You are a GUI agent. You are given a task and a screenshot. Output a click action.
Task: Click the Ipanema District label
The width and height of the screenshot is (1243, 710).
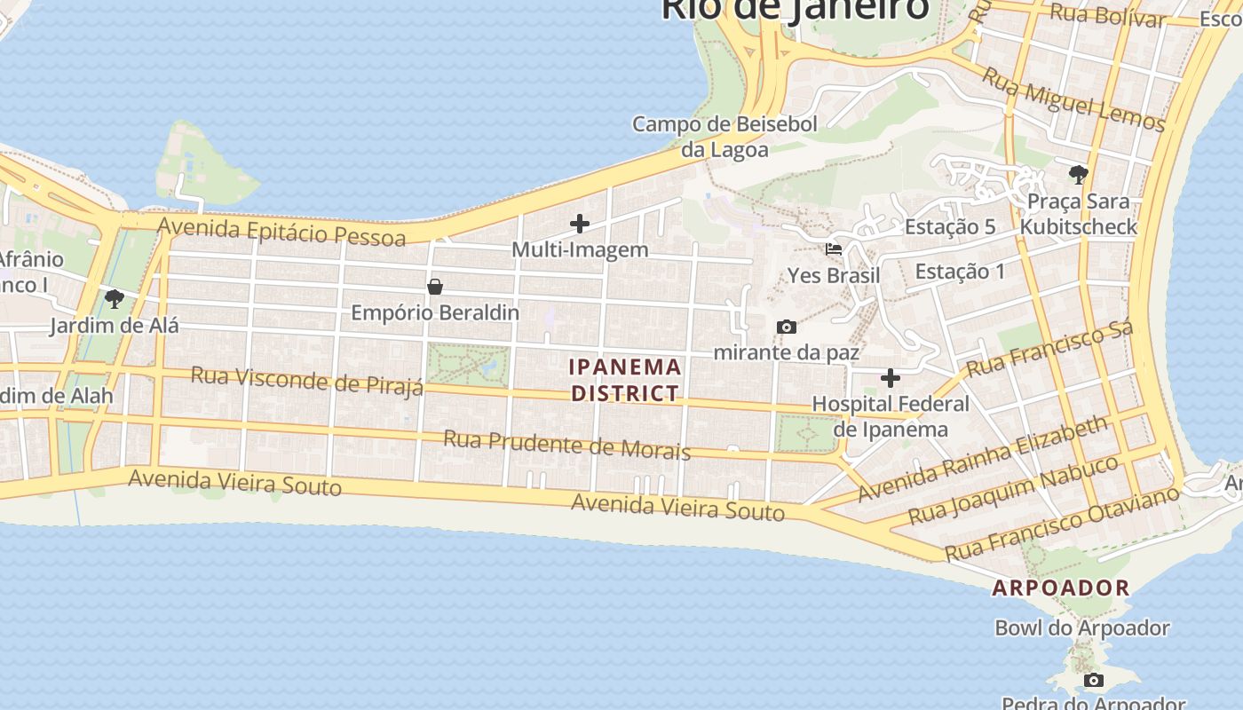625,380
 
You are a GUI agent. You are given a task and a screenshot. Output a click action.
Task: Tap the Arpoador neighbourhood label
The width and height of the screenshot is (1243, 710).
1060,588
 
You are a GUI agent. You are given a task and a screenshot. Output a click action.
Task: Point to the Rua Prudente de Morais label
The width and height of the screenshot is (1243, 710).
566,445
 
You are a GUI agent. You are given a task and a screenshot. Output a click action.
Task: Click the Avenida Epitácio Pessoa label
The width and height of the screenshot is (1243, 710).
281,230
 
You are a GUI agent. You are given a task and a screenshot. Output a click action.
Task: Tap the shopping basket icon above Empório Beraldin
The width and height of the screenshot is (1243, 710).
435,287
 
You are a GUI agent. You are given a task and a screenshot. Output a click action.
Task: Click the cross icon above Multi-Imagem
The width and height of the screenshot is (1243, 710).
580,224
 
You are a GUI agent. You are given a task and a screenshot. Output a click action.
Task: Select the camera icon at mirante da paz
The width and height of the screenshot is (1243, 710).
786,327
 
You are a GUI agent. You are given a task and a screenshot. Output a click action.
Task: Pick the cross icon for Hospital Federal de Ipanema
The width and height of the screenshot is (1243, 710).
891,379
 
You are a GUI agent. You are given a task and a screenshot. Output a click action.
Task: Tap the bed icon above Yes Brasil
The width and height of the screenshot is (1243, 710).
833,249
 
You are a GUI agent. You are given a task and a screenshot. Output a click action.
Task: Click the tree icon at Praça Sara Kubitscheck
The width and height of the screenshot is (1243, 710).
1079,174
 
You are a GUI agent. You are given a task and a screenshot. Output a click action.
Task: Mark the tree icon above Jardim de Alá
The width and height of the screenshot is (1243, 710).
114,299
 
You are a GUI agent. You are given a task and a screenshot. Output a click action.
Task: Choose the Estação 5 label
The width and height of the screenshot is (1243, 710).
950,227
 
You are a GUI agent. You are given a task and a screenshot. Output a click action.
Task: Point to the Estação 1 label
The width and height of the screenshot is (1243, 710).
960,272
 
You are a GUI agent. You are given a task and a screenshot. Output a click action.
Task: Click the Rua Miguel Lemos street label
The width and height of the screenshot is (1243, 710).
1073,100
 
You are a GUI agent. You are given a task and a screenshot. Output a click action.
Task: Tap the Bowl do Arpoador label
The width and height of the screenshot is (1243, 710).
1081,628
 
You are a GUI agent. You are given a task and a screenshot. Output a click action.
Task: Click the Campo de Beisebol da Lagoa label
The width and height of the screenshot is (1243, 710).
724,137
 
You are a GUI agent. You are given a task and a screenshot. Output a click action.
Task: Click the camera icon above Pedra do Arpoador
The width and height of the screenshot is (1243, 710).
1094,681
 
